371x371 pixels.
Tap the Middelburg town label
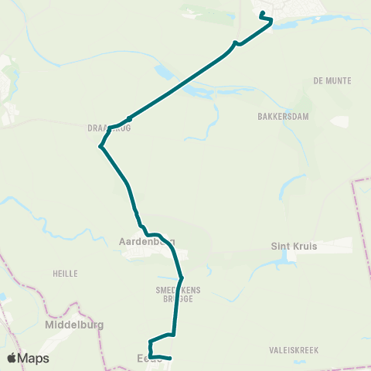pyautogui.click(x=74, y=325)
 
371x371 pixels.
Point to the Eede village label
pyautogui.click(x=148, y=358)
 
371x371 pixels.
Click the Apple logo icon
pyautogui.click(x=12, y=358)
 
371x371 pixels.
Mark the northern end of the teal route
pyautogui.click(x=262, y=13)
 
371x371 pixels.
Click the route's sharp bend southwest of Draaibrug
pyautogui.click(x=100, y=145)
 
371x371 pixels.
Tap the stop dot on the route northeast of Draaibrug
pyautogui.click(x=129, y=119)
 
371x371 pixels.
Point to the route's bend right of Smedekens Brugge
pyautogui.click(x=181, y=278)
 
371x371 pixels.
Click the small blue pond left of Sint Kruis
pyautogui.click(x=286, y=257)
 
